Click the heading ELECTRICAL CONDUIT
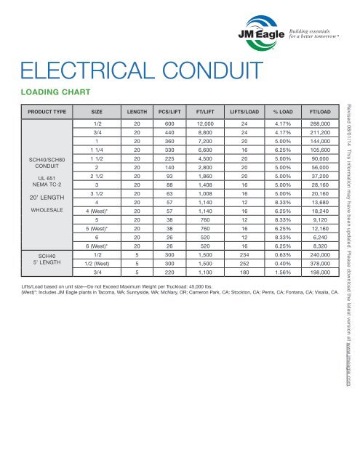[141, 71]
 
